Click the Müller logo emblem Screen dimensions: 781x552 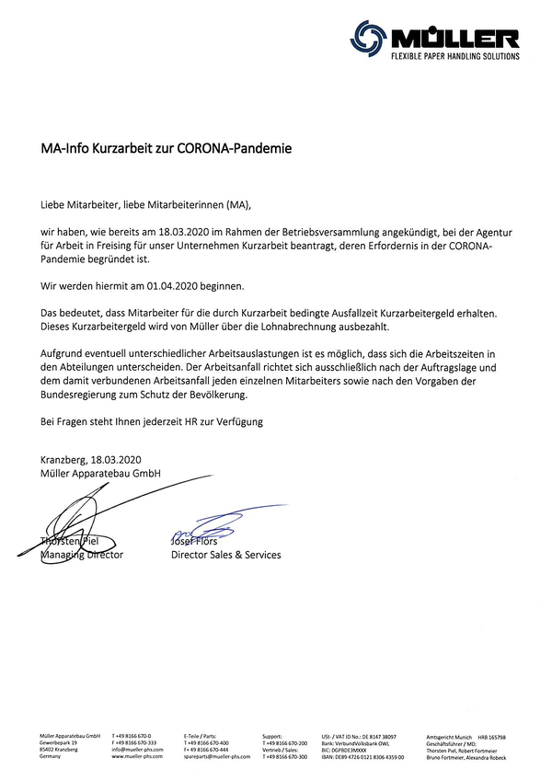(367, 39)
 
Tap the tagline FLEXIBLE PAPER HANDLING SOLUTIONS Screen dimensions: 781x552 (455, 56)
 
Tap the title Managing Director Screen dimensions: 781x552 (82, 555)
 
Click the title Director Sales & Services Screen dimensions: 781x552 (226, 555)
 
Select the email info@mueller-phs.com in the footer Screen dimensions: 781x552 (138, 750)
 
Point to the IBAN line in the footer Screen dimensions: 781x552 (362, 756)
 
